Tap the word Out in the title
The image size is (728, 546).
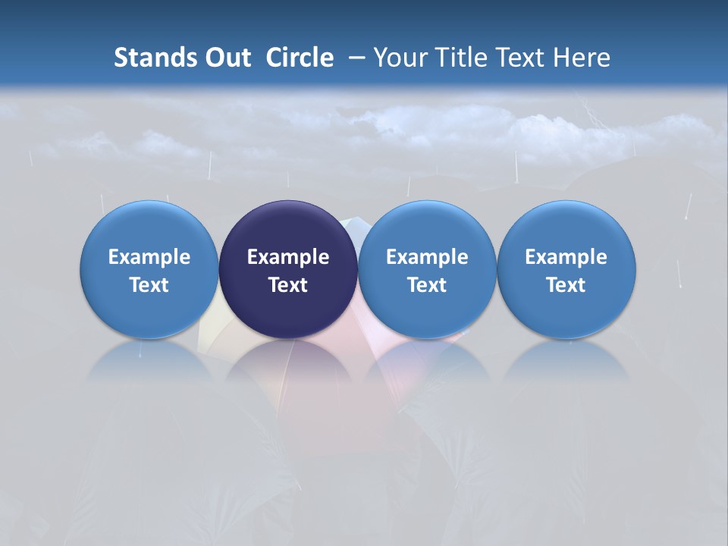(225, 58)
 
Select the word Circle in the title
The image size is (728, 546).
(300, 58)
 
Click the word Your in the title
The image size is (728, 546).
(398, 58)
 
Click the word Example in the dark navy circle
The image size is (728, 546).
(288, 257)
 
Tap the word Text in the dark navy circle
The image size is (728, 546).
(288, 285)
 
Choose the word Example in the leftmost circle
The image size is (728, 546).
(149, 257)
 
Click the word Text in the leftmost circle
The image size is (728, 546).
(149, 285)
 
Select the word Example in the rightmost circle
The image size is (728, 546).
(566, 257)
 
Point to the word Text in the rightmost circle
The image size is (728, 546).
(566, 285)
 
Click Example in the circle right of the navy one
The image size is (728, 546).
(427, 257)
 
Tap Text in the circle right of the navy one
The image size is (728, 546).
(427, 285)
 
